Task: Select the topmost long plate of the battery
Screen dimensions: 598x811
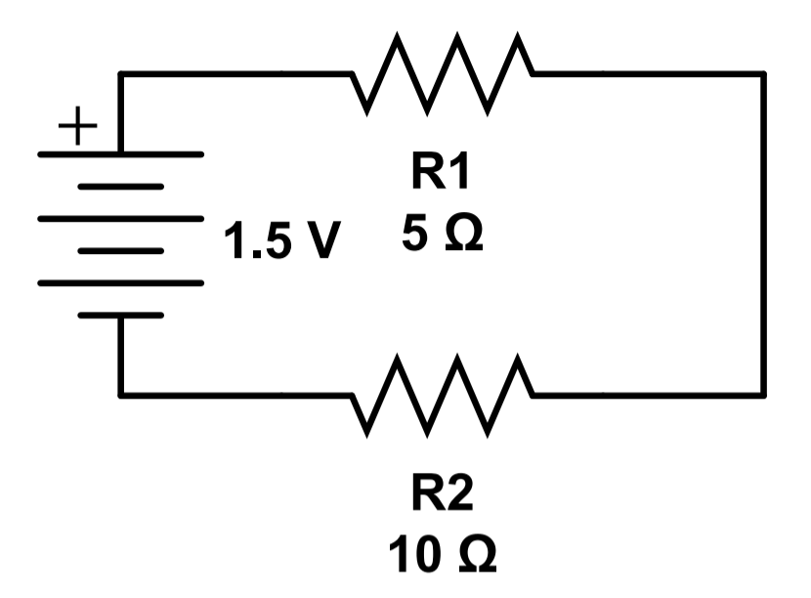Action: pos(120,154)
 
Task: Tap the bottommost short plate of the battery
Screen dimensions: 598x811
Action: pos(120,316)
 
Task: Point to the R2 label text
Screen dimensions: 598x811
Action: pos(440,496)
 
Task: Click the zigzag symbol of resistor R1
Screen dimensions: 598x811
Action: pos(442,73)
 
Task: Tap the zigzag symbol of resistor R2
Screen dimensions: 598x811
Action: pos(442,395)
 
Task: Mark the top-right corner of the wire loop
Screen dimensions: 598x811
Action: pos(763,74)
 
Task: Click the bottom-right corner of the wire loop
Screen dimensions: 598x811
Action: pos(763,395)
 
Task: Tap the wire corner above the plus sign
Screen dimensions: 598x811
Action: pos(121,74)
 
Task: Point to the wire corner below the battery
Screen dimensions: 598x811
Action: pos(121,395)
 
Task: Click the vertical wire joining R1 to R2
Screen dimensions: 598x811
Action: pos(763,235)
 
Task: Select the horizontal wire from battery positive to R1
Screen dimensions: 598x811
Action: pos(235,74)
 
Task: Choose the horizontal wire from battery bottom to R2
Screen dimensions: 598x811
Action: pos(235,395)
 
